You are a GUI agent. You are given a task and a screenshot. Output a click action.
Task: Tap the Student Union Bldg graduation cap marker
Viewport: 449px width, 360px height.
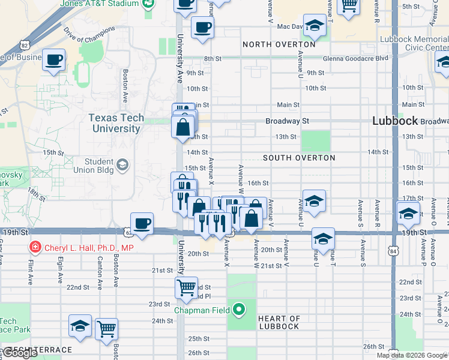coord(122,164)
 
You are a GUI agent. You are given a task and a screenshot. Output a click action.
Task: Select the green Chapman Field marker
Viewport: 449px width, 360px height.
coord(239,310)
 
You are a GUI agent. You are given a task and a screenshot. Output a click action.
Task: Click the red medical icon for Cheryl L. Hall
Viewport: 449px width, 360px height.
coord(35,247)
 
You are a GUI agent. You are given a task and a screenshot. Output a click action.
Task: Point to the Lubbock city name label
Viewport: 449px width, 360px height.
coord(394,121)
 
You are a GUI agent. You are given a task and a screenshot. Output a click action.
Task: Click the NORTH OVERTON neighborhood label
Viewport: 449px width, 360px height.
coord(279,44)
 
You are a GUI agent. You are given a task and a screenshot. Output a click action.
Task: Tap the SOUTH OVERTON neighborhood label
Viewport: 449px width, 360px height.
coord(299,158)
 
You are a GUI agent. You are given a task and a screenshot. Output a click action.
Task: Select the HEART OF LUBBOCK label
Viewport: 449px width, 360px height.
coord(279,322)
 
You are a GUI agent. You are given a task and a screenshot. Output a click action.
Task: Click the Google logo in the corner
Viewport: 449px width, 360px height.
coord(19,353)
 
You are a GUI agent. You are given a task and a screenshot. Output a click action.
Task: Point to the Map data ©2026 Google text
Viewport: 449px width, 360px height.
coord(412,355)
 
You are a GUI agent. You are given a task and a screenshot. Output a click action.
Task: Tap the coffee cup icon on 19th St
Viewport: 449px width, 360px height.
coord(142,223)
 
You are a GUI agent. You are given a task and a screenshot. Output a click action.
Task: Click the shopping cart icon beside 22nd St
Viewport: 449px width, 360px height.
coord(186,287)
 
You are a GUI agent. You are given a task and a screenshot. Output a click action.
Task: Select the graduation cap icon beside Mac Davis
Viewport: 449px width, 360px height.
coord(314,25)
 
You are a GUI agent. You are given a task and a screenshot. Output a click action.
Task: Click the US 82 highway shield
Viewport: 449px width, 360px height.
coord(24,45)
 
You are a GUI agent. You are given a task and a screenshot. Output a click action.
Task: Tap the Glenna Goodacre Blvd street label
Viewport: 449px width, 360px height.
coord(348,58)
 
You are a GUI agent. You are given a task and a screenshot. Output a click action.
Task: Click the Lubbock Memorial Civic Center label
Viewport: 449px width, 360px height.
coord(414,44)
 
